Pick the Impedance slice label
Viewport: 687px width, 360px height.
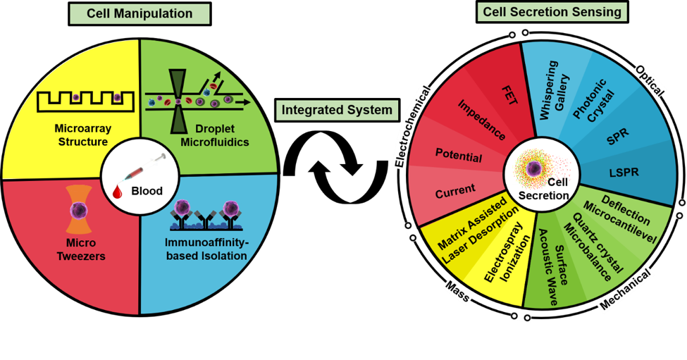[x=482, y=119]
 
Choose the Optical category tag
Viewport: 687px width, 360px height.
[x=651, y=80]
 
